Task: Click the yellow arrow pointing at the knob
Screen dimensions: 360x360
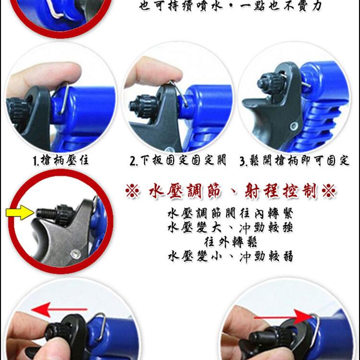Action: tap(20, 212)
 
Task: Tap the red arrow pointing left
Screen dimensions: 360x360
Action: tap(59, 310)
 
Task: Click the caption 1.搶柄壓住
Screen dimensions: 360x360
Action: tap(60, 160)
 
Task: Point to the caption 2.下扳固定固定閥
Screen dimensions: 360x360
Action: tap(178, 160)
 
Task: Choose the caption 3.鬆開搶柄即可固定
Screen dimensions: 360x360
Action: tap(294, 160)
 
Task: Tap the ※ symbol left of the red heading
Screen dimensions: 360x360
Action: tap(132, 191)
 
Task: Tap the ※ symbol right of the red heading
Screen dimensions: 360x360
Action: tap(329, 191)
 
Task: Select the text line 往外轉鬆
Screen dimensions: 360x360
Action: tap(230, 242)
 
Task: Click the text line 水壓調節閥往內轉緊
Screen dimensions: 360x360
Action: tap(230, 214)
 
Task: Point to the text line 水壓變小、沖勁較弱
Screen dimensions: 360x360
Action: tap(230, 256)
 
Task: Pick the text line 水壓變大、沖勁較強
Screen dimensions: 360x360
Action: tap(230, 228)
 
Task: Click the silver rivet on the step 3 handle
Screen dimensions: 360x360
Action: tap(294, 126)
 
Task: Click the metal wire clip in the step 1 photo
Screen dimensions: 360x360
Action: tap(62, 98)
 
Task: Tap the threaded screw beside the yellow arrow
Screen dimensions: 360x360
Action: tap(46, 213)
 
